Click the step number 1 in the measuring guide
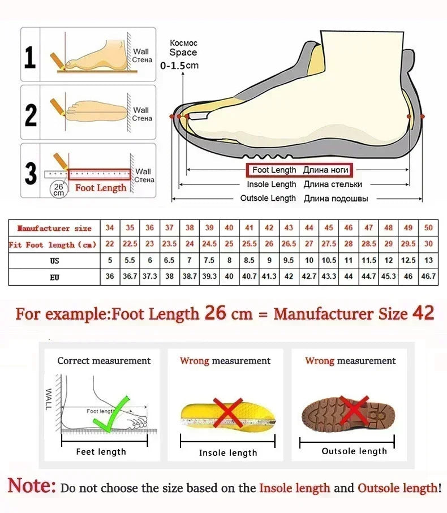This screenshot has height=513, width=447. pyautogui.click(x=30, y=57)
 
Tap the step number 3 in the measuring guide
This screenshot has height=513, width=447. pyautogui.click(x=31, y=173)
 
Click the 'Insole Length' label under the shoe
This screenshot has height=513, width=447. pyautogui.click(x=272, y=184)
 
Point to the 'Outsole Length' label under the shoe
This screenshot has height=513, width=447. pyautogui.click(x=268, y=199)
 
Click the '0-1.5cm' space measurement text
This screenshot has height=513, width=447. pyautogui.click(x=179, y=66)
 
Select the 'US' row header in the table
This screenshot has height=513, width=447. pyautogui.click(x=54, y=261)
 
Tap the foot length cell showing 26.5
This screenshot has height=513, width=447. pyautogui.click(x=289, y=244)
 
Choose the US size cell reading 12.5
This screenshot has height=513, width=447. pyautogui.click(x=409, y=261)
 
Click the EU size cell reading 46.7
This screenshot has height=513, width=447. pyautogui.click(x=428, y=277)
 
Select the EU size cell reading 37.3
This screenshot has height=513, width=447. pyautogui.click(x=149, y=277)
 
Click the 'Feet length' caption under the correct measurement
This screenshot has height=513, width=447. pyautogui.click(x=101, y=451)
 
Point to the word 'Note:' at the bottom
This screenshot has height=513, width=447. pyautogui.click(x=32, y=486)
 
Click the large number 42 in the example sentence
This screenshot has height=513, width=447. pyautogui.click(x=424, y=313)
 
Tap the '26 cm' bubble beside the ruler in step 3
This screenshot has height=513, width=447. pyautogui.click(x=58, y=189)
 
